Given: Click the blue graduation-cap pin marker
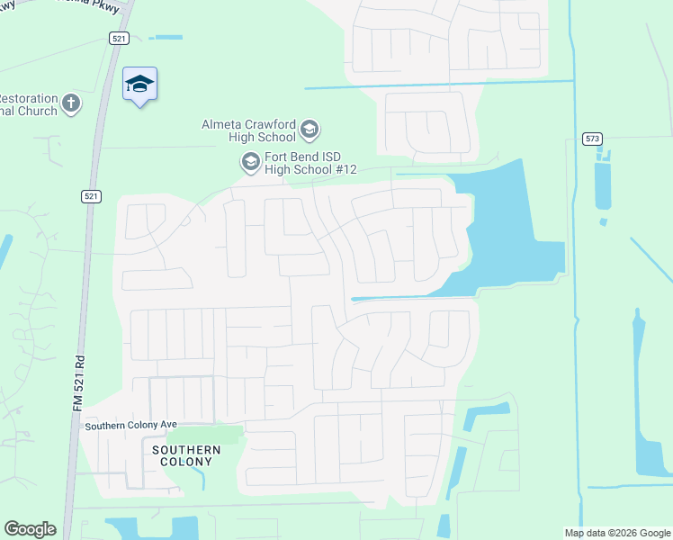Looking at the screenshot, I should pos(139,85).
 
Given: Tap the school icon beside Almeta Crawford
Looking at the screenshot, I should pos(310,130).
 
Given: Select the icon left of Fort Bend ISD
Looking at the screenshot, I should pos(249,162).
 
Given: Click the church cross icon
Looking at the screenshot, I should pos(71,105).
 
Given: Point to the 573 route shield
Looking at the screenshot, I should pos(591,139).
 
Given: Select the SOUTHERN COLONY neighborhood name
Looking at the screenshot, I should pos(186,455).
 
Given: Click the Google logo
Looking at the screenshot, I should pos(30,529).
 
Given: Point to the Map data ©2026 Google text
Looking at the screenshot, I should pos(617,533).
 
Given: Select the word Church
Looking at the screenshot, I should pos(36,112).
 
